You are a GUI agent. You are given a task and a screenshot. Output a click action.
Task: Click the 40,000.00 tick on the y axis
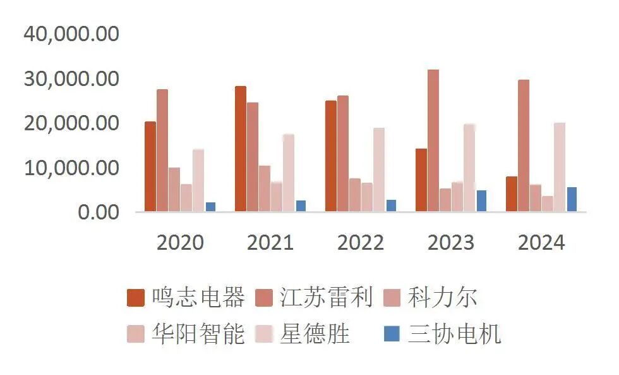(71, 34)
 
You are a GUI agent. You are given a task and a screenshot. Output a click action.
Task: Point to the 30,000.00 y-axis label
(71, 79)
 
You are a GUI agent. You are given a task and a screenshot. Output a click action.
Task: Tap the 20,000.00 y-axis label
(71, 123)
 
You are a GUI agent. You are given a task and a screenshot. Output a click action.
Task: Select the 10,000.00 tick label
(71, 168)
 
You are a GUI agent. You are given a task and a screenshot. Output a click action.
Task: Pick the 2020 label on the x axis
(180, 243)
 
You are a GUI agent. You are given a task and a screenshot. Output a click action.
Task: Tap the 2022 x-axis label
(361, 243)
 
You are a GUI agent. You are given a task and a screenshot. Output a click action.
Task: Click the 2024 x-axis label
(541, 243)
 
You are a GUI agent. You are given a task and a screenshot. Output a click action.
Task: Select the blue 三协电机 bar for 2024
(572, 199)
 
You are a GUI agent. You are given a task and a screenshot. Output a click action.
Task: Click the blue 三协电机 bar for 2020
(210, 207)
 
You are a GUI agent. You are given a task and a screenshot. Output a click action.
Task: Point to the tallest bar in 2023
(433, 140)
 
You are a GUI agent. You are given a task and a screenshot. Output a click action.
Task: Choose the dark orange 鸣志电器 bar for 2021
(241, 149)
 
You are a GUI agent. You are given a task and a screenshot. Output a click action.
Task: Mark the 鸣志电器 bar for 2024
(512, 194)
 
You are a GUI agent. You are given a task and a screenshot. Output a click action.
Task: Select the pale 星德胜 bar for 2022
(379, 169)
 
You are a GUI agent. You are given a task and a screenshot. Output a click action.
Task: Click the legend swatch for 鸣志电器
(136, 298)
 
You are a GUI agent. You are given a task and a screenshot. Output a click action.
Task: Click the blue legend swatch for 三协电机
(392, 333)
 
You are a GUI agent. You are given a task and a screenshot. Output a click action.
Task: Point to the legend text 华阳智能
(198, 333)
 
